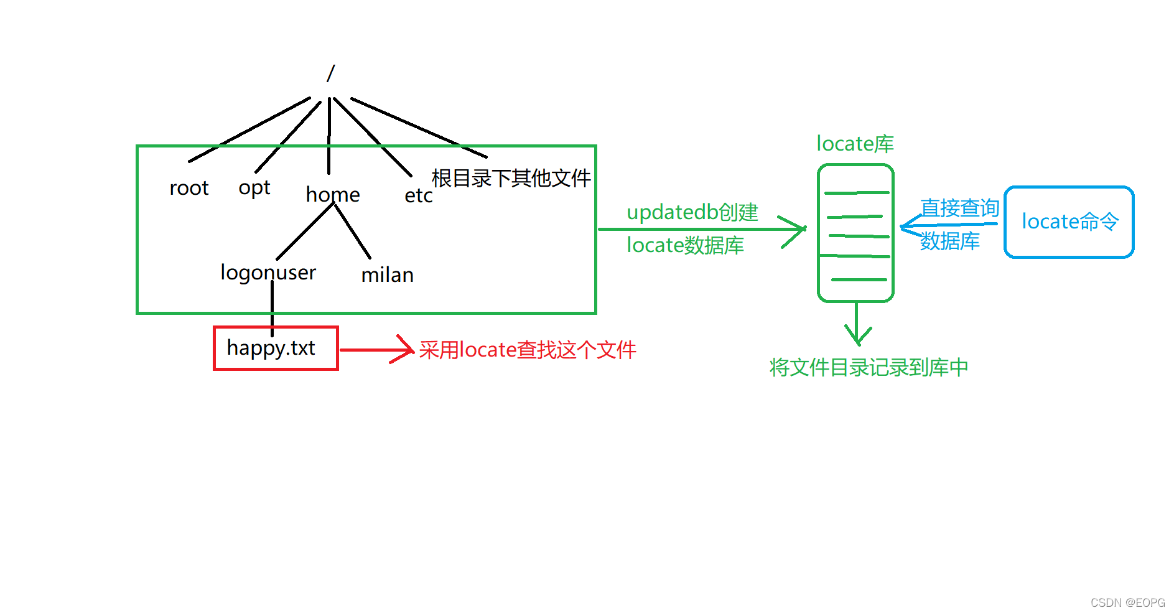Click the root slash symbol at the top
[330, 73]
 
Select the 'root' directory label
[189, 188]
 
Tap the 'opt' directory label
[254, 188]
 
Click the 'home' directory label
[333, 195]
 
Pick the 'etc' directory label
[418, 195]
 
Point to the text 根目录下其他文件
[511, 178]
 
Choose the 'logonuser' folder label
[268, 273]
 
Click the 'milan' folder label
[387, 275]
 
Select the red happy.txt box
[276, 349]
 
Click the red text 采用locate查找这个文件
[528, 350]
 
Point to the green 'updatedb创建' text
[692, 212]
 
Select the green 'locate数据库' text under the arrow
[685, 245]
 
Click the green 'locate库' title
[855, 144]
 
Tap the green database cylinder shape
[855, 233]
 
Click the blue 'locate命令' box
[1069, 222]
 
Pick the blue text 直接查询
[959, 208]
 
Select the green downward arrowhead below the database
[857, 336]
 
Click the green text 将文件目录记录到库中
[869, 367]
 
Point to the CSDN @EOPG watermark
[1127, 602]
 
